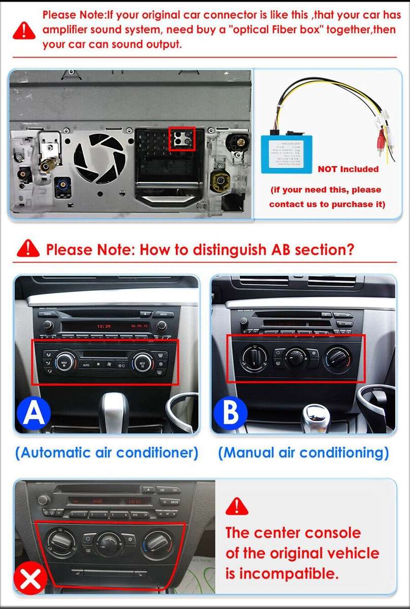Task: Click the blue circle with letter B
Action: pyautogui.click(x=231, y=413)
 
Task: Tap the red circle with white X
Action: pyautogui.click(x=30, y=578)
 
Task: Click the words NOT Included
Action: pyautogui.click(x=348, y=169)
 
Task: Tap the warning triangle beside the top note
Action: pyautogui.click(x=24, y=30)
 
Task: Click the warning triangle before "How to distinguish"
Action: pyautogui.click(x=28, y=249)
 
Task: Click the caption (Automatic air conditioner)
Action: pyautogui.click(x=106, y=452)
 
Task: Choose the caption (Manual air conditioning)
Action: pyautogui.click(x=303, y=452)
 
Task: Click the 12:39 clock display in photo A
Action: pyautogui.click(x=104, y=326)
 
